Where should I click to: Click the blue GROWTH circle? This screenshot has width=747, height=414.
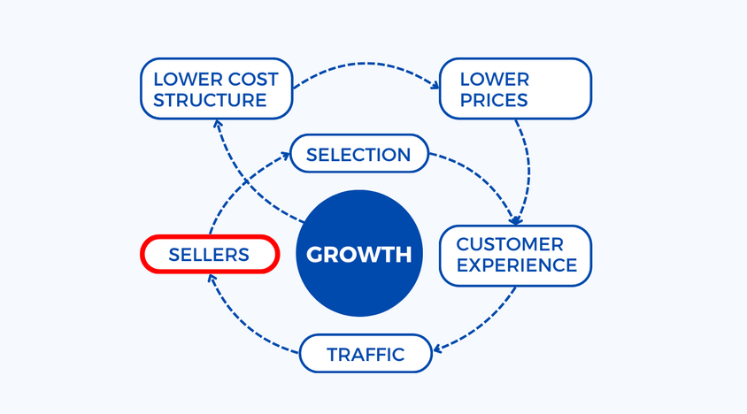358,255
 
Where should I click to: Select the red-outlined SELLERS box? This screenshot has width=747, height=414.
210,255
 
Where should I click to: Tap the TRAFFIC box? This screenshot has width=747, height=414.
366,355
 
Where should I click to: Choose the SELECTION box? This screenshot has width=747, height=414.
358,155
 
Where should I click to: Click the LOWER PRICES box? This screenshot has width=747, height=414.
515,88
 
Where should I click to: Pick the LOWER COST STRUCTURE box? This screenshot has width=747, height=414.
216,88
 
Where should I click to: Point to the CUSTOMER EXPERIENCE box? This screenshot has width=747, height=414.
515,255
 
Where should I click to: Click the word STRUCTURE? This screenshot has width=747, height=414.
210,99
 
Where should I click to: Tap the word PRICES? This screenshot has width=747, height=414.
493,99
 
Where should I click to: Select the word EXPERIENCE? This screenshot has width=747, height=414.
517,264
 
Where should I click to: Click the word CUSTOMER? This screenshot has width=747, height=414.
509,244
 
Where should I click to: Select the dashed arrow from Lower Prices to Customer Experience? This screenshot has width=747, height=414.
528,168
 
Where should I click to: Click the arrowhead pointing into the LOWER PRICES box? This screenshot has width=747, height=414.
435,86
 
